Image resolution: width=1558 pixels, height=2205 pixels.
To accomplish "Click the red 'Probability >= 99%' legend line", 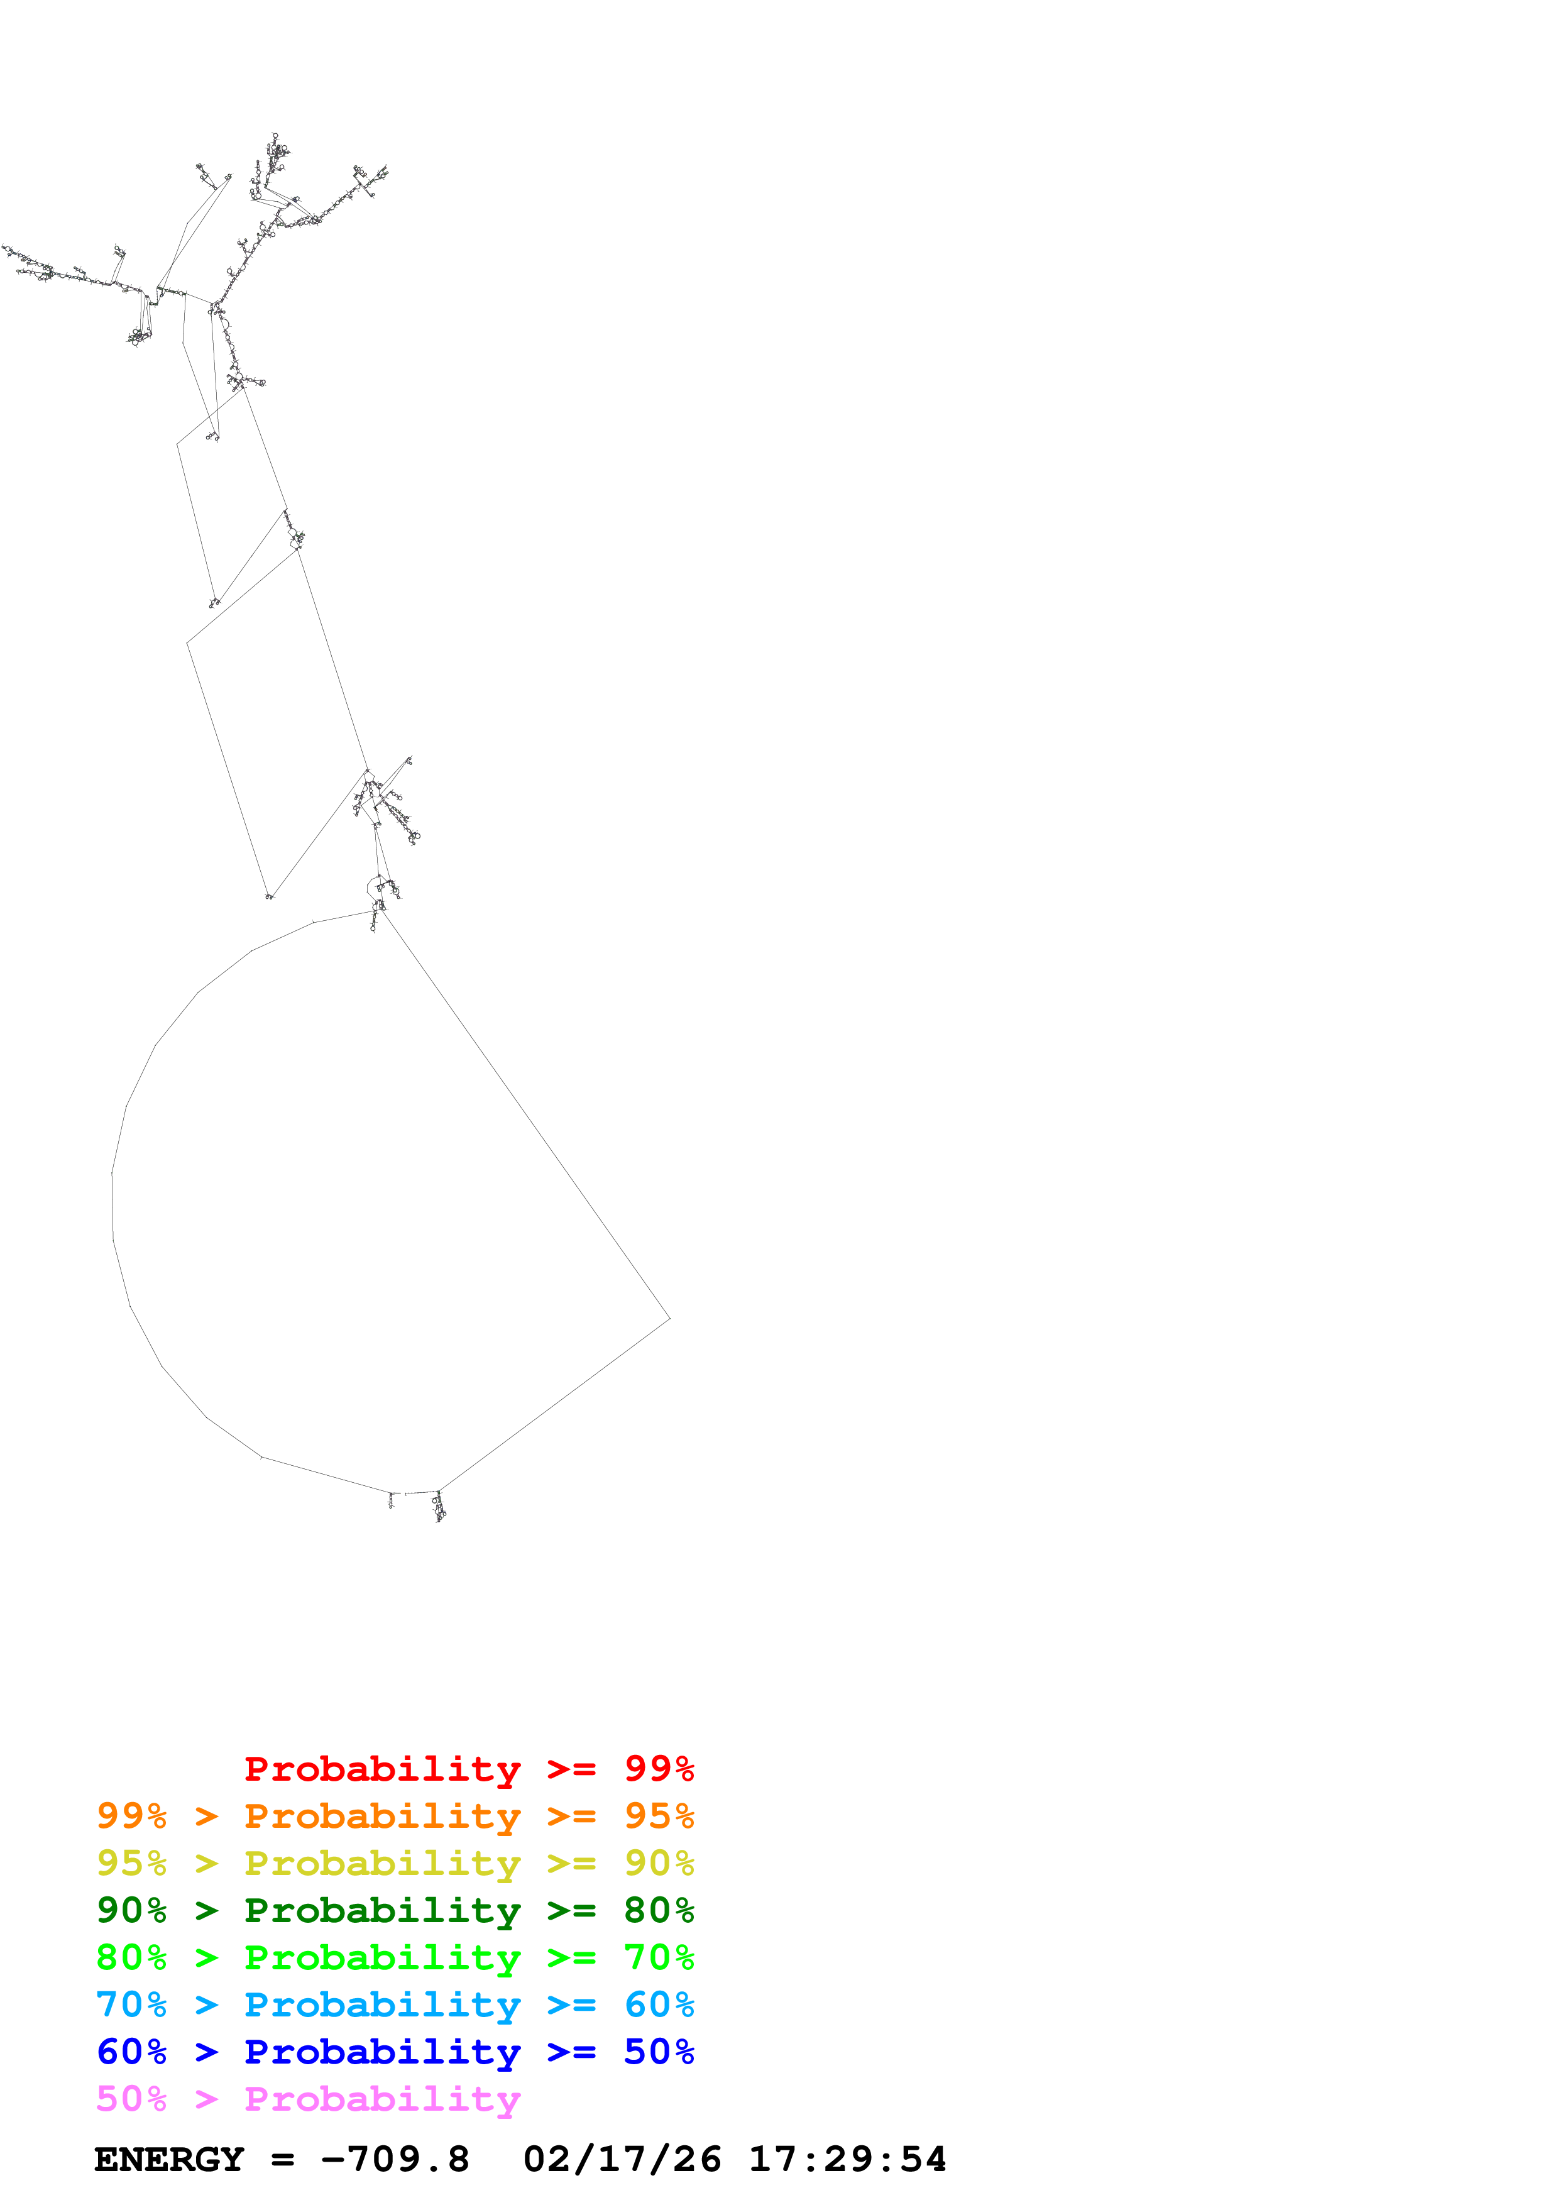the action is [x=468, y=1769].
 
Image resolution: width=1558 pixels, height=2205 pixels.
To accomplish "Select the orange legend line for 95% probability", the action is [x=395, y=1816].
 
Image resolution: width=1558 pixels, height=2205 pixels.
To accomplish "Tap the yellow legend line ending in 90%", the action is [x=395, y=1863].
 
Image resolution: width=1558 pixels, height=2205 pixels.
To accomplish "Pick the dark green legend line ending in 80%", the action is [x=395, y=1910].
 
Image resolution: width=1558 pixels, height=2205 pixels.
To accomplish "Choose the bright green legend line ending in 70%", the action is [x=395, y=1957].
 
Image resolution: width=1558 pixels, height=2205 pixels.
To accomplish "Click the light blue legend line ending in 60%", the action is [x=395, y=2004].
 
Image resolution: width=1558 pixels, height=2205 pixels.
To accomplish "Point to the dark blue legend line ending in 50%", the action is [x=395, y=2052].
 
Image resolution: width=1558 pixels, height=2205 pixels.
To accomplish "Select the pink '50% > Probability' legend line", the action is [x=308, y=2098].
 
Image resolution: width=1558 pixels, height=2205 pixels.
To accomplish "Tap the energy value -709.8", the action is [x=395, y=2159].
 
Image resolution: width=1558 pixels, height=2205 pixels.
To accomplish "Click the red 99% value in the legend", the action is [x=659, y=1769].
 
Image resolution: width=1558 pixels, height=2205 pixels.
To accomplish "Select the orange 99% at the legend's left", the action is [x=131, y=1816].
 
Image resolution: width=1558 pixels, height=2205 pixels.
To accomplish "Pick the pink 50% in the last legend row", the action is [x=131, y=2098].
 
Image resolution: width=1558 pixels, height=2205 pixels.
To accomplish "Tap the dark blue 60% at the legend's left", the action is [x=131, y=2052].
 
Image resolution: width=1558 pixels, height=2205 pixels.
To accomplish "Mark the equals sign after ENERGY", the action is [x=282, y=2160].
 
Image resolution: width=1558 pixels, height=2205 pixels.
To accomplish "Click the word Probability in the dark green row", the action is [x=382, y=1910].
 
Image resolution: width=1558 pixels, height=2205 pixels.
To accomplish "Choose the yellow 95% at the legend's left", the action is [x=131, y=1863].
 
